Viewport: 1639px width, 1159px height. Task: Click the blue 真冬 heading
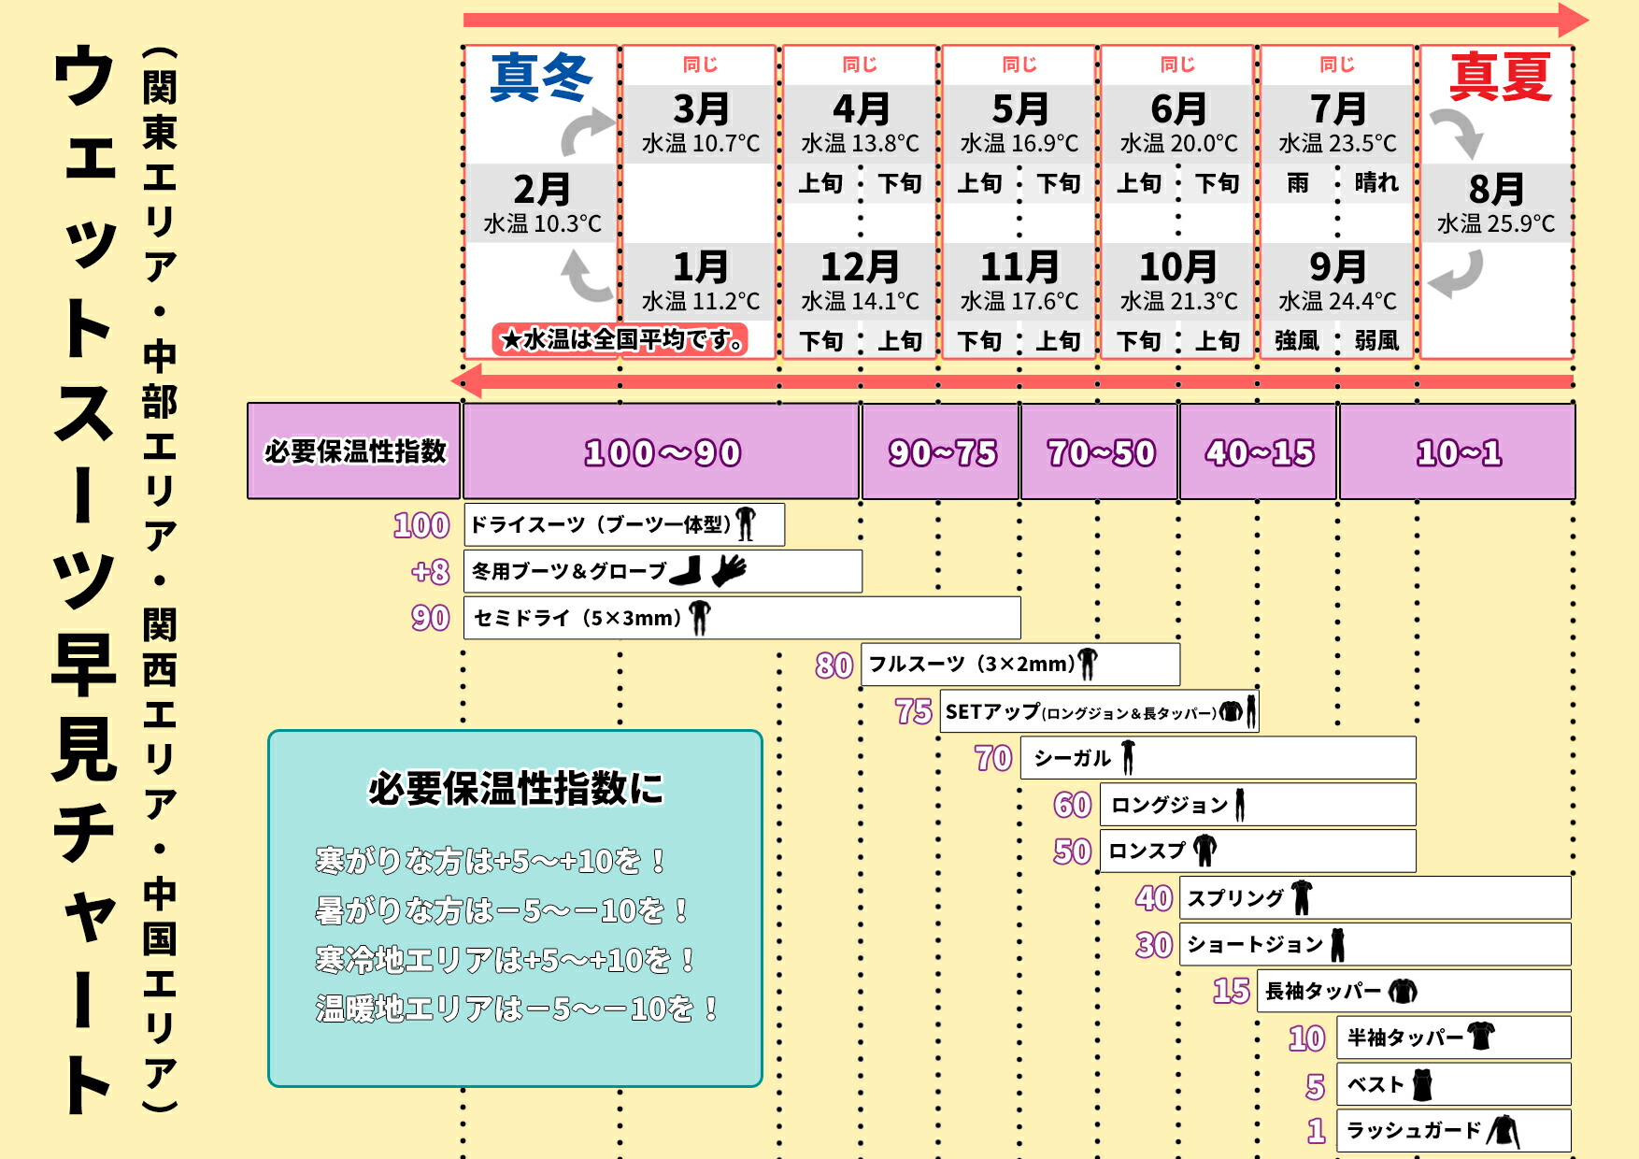[541, 77]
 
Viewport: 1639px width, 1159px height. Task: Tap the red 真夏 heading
[1500, 77]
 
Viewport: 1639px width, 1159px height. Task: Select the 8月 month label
[1496, 189]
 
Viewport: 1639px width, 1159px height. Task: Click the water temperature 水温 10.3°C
[542, 224]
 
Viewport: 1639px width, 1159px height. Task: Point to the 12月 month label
[860, 267]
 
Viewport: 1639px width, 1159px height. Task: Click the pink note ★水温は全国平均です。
[621, 339]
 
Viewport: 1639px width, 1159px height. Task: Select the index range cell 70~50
[1101, 453]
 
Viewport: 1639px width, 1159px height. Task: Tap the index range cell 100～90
[662, 453]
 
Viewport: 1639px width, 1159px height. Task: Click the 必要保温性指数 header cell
[355, 451]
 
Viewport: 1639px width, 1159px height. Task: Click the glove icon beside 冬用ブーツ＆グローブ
[729, 569]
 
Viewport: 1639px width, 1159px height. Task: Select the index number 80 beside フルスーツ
[834, 665]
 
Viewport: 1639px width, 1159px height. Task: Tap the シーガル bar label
[1072, 758]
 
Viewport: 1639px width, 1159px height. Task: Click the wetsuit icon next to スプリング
[1302, 897]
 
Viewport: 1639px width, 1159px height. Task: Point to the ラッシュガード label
[1413, 1131]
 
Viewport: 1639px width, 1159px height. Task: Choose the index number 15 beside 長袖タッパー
[1231, 991]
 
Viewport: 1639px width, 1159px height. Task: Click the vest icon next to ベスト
[1422, 1084]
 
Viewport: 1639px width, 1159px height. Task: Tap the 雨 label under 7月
[1298, 183]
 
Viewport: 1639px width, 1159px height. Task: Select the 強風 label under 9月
[1297, 341]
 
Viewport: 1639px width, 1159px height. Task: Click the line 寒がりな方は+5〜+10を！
[491, 861]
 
